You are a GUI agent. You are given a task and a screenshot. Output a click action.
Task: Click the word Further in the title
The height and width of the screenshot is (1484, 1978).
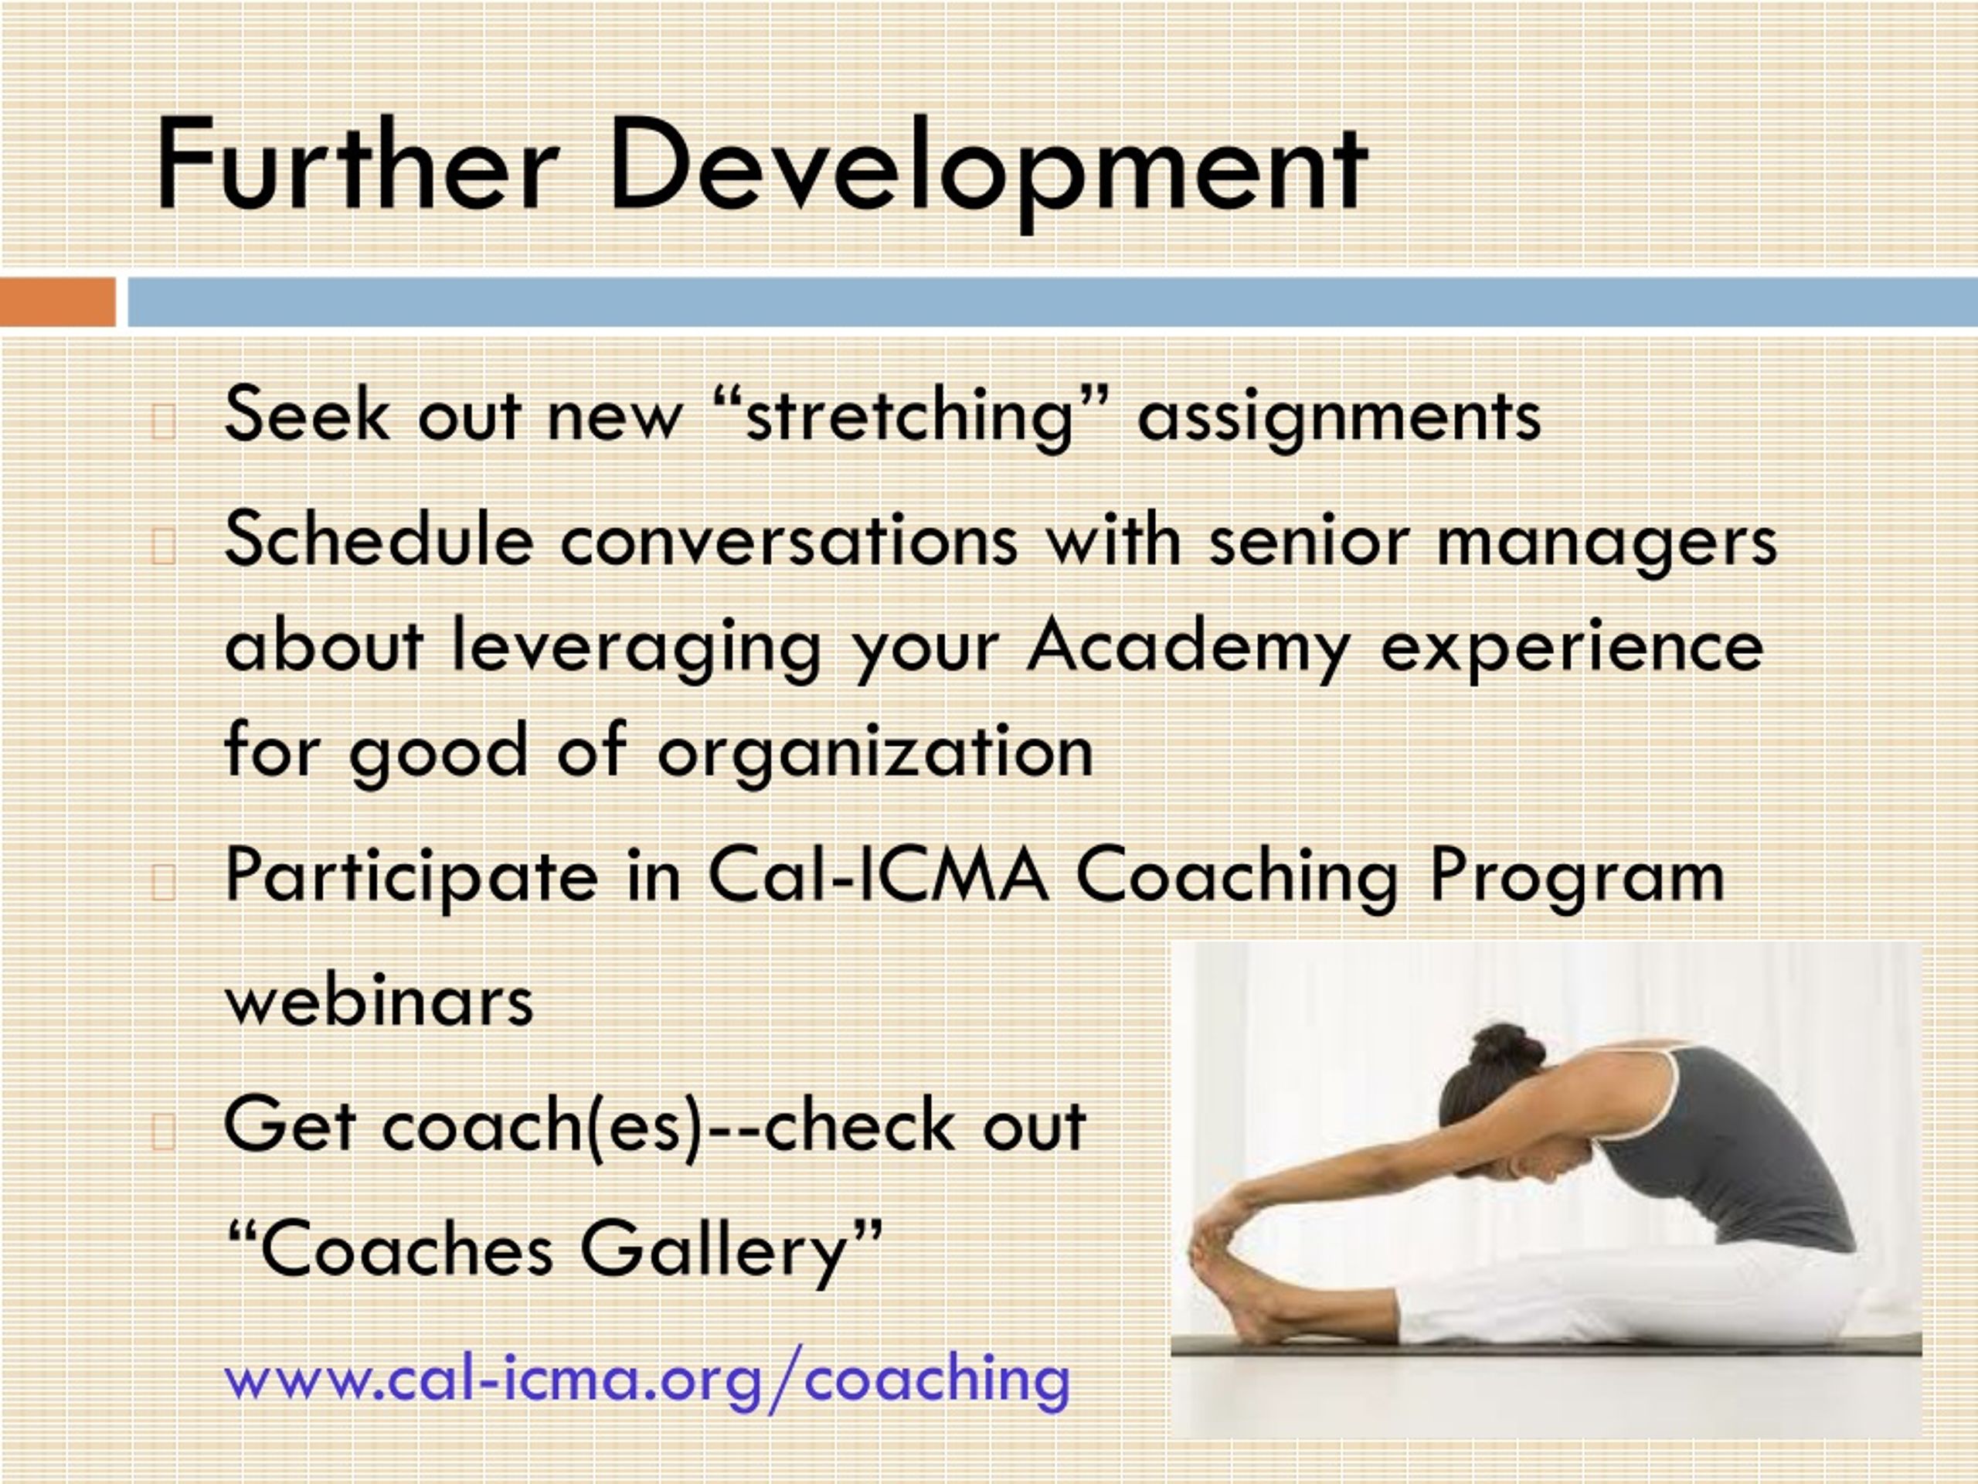click(x=357, y=166)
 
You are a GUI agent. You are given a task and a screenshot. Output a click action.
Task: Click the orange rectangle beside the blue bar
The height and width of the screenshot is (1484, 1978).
click(x=57, y=302)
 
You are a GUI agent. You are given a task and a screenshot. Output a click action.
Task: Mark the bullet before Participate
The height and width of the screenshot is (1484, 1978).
click(x=163, y=883)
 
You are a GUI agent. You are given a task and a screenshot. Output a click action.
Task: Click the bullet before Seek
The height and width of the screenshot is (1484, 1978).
click(x=163, y=423)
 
